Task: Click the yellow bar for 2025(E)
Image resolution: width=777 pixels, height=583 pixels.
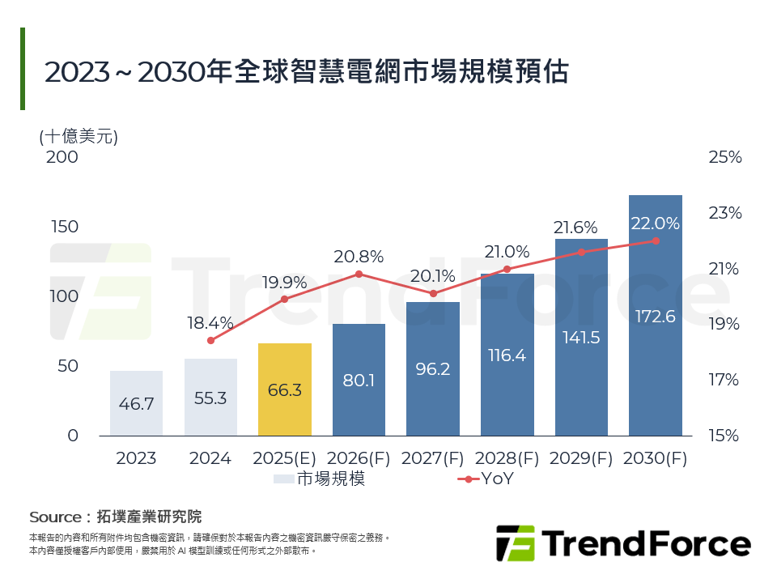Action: pos(284,390)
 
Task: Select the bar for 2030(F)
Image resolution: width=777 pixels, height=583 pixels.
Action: pos(655,316)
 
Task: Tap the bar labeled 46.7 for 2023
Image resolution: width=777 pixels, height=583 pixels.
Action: pos(136,404)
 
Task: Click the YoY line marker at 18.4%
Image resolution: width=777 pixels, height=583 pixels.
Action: pos(210,340)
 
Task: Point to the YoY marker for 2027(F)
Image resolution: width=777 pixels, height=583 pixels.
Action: pos(433,293)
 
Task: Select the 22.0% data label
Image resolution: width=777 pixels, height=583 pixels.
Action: pos(655,223)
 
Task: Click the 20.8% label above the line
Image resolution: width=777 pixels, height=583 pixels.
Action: pos(359,257)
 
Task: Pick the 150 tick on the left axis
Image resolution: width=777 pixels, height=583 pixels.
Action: pos(64,227)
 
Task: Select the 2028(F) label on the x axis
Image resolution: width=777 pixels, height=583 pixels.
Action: pos(507,458)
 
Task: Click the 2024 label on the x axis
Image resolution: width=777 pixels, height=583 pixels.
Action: pos(210,458)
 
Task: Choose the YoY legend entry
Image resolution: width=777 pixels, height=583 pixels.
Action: pos(486,479)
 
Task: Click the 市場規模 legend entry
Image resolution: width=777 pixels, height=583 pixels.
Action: pos(320,479)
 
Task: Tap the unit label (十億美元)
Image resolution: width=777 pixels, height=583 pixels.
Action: pos(79,136)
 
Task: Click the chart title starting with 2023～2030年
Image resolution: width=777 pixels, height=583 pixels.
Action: pos(306,71)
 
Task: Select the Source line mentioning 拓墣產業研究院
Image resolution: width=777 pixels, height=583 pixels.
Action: pos(115,517)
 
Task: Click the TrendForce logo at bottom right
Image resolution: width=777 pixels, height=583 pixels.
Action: pos(623,543)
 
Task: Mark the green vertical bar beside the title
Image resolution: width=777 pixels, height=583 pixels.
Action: pos(23,69)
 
